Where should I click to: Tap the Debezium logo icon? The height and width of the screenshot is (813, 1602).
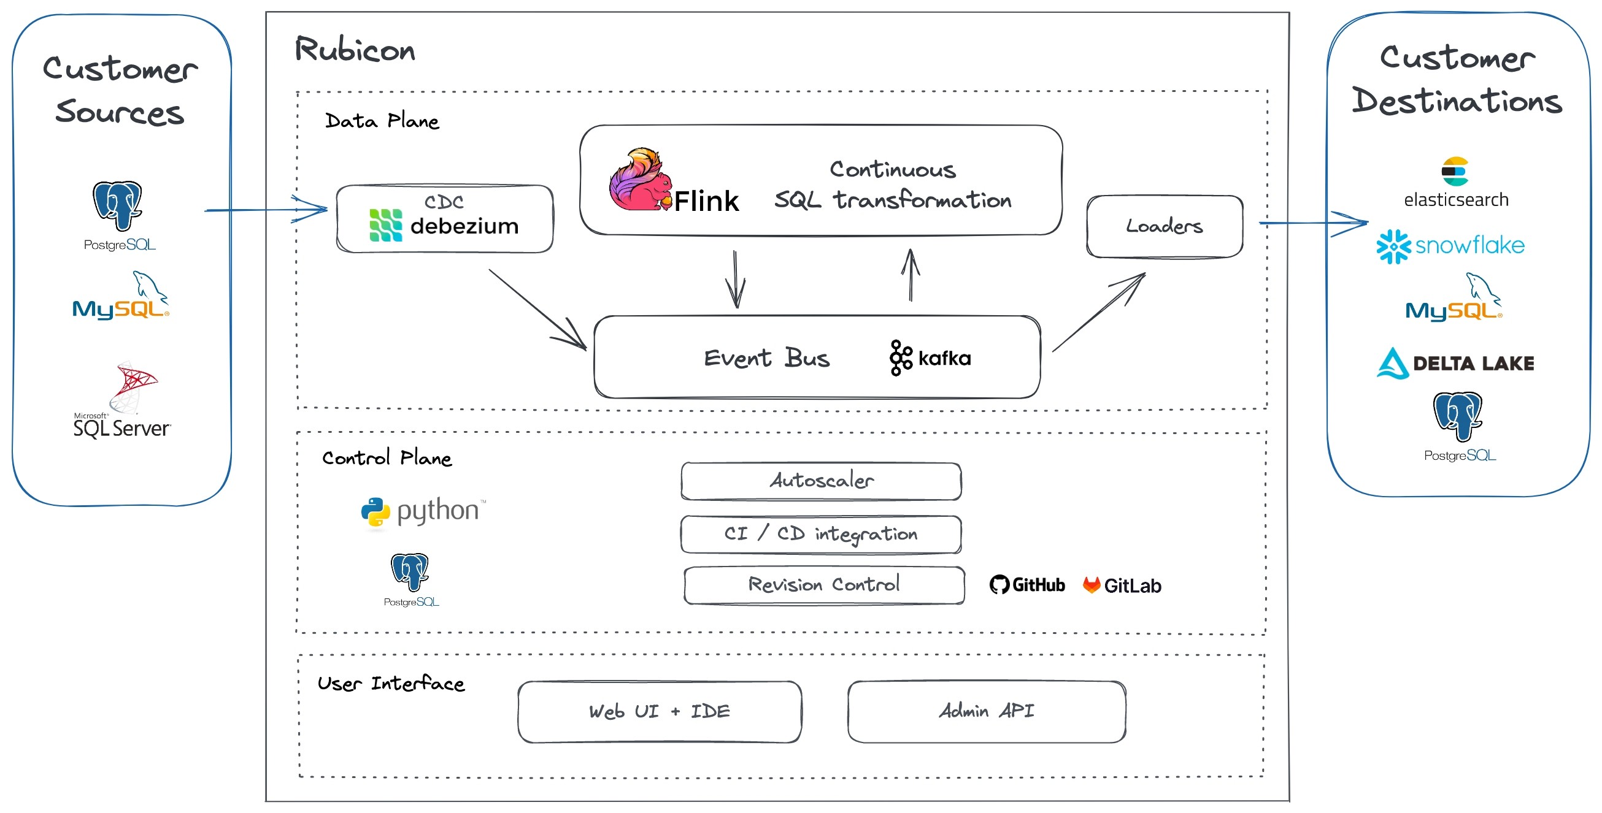[385, 225]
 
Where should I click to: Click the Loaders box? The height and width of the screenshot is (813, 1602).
[1164, 226]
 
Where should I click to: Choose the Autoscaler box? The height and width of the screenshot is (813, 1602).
[821, 481]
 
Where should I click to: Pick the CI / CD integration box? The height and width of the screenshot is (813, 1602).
[821, 534]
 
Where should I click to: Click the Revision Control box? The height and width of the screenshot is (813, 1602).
[824, 584]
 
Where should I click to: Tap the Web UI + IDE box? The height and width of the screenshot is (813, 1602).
[659, 711]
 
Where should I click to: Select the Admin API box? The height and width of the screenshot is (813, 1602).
[987, 711]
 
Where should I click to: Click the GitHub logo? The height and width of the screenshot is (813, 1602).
[1026, 585]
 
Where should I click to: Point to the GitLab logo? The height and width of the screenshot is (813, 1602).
[1122, 586]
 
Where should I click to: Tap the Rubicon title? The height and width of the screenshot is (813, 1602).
[355, 50]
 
